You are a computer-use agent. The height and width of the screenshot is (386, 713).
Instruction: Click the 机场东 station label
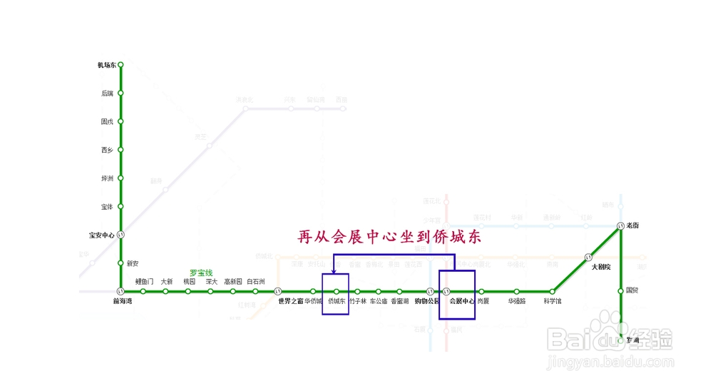(x=106, y=65)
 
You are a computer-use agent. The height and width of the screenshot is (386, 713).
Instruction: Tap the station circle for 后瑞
(x=120, y=93)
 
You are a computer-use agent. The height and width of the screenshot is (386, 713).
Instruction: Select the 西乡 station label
(x=107, y=150)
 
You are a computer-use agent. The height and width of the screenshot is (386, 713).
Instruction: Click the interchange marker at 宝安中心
(x=120, y=235)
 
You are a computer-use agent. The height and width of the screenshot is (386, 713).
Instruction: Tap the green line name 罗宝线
(x=201, y=273)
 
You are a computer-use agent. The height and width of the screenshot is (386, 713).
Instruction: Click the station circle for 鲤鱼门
(x=143, y=291)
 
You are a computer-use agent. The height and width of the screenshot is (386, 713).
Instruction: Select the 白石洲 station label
(x=256, y=281)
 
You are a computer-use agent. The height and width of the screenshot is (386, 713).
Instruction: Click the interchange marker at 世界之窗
(x=277, y=291)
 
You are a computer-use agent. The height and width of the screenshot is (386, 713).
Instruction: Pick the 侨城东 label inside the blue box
(x=336, y=301)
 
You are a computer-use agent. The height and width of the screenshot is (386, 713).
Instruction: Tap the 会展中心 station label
(x=461, y=301)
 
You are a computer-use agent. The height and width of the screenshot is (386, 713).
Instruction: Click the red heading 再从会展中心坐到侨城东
(x=389, y=237)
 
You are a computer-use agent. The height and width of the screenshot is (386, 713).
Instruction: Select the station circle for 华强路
(x=517, y=291)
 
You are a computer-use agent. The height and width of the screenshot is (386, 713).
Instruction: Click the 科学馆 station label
(x=553, y=301)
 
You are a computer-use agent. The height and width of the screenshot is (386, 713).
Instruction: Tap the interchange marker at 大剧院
(x=589, y=257)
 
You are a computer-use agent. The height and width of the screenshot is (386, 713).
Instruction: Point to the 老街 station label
(x=632, y=225)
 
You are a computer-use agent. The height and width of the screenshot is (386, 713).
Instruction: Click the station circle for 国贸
(x=621, y=290)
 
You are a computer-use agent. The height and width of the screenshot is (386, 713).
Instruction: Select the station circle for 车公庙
(x=379, y=291)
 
